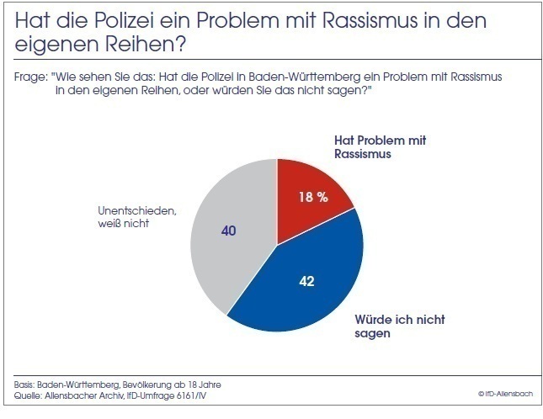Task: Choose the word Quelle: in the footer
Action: (29, 395)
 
